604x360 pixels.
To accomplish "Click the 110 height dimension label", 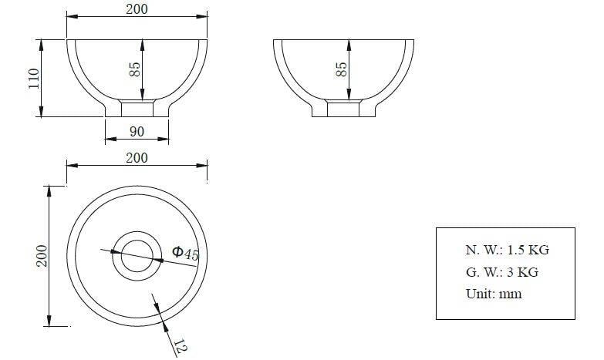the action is tap(34, 78).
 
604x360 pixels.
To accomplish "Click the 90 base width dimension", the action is tap(137, 132).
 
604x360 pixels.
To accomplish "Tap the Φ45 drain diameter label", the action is tap(185, 253).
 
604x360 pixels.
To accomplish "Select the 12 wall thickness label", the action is tap(181, 346).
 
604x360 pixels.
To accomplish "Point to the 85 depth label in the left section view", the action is tap(135, 69).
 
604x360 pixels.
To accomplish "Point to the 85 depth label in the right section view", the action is tap(341, 69).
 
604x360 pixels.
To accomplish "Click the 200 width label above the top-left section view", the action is tap(137, 8).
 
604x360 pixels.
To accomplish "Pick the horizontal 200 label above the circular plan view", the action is tap(137, 157).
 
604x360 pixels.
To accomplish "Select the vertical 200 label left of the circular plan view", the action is tap(42, 256).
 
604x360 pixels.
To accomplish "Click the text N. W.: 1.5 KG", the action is tap(508, 250).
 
